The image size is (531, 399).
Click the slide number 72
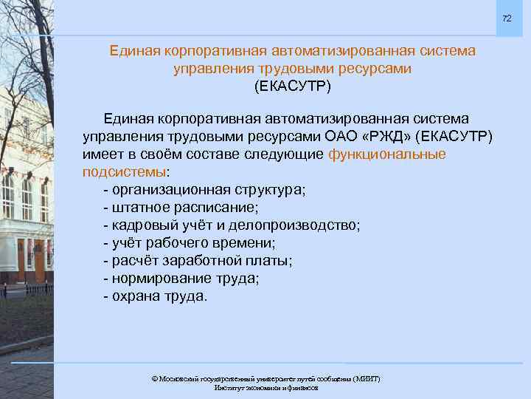507,18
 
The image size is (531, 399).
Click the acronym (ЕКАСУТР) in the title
293,86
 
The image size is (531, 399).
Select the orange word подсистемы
124,172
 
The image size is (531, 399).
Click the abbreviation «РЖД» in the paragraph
380,137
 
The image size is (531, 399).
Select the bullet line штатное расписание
181,208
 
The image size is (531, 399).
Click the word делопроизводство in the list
299,225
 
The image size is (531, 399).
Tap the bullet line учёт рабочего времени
190,243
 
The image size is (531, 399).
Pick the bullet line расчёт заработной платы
198,261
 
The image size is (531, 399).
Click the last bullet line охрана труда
156,296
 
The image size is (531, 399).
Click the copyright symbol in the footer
154,378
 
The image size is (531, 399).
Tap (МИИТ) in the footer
367,378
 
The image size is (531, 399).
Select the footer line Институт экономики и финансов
265,387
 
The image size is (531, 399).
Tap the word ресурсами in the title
373,69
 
